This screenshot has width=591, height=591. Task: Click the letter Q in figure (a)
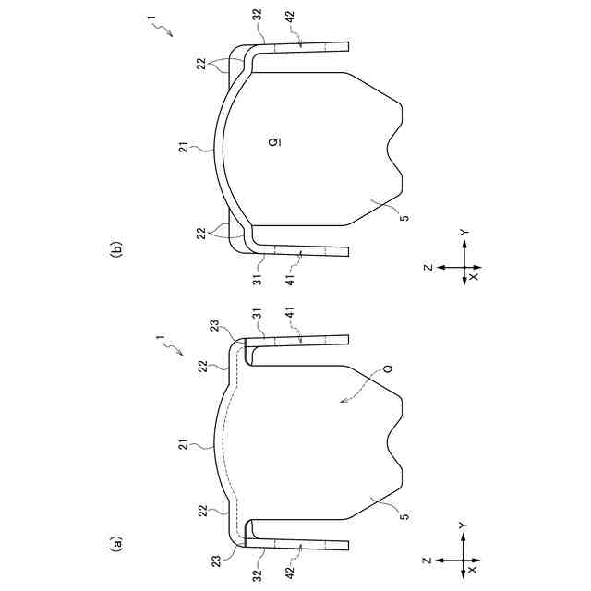click(x=388, y=368)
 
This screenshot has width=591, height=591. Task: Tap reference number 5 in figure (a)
click(x=404, y=516)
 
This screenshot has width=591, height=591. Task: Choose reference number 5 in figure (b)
click(x=404, y=218)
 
